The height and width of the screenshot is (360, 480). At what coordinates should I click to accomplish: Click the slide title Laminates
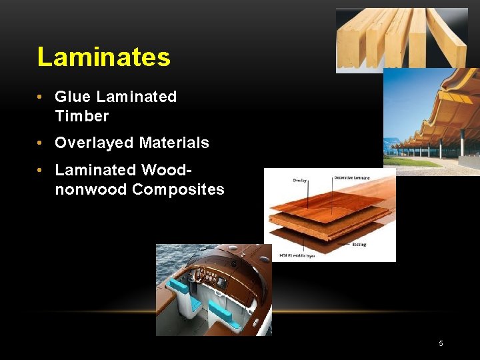(104, 57)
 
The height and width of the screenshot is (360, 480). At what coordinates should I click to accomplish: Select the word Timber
(81, 116)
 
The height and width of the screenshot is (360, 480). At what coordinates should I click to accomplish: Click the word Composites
(178, 189)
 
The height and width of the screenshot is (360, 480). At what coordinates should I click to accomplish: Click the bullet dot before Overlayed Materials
(41, 143)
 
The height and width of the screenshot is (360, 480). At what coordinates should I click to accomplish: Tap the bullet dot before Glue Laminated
(41, 97)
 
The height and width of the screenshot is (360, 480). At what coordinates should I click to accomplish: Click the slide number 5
(441, 343)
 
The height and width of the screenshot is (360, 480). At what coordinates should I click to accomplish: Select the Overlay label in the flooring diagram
(300, 180)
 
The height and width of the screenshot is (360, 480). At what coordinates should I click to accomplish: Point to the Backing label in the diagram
(359, 245)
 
